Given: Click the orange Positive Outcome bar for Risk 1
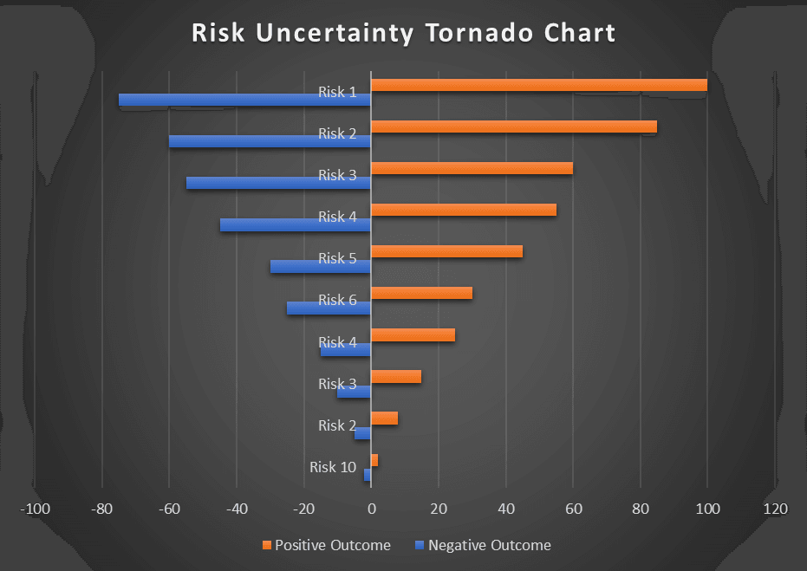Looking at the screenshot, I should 538,85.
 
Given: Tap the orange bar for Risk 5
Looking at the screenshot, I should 446,251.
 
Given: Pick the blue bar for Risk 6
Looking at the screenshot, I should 329,308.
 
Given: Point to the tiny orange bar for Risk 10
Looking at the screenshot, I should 374,459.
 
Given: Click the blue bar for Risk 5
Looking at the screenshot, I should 320,266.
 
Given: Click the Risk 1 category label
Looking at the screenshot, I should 337,92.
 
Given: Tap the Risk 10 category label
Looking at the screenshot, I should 333,467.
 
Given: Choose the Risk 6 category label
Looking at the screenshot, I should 337,300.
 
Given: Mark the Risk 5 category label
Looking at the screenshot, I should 337,258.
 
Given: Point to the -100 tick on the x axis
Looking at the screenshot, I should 36,509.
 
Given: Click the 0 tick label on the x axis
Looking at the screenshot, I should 371,509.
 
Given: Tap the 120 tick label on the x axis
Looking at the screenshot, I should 774,509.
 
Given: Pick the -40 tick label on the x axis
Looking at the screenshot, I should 237,509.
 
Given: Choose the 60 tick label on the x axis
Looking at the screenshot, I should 573,509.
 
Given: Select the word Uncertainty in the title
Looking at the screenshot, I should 331,34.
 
